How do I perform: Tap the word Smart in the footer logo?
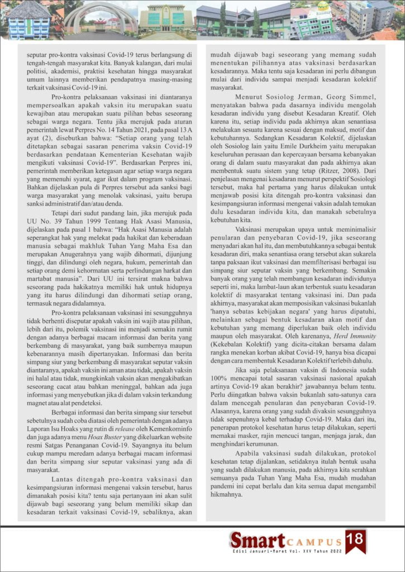point(258,541)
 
